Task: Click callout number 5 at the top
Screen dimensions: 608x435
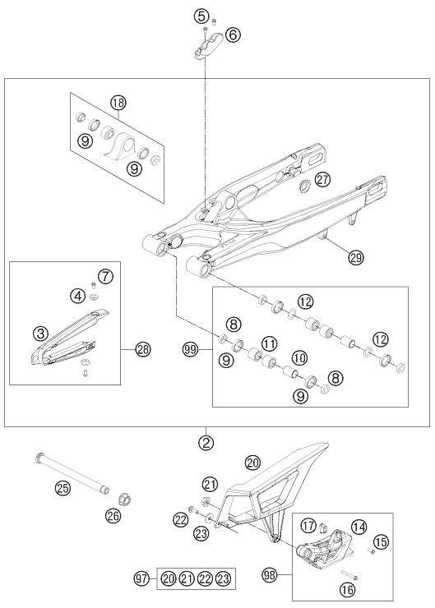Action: click(201, 16)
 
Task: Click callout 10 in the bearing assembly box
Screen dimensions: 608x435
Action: click(298, 357)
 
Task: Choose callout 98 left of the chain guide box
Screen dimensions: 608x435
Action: click(272, 572)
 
